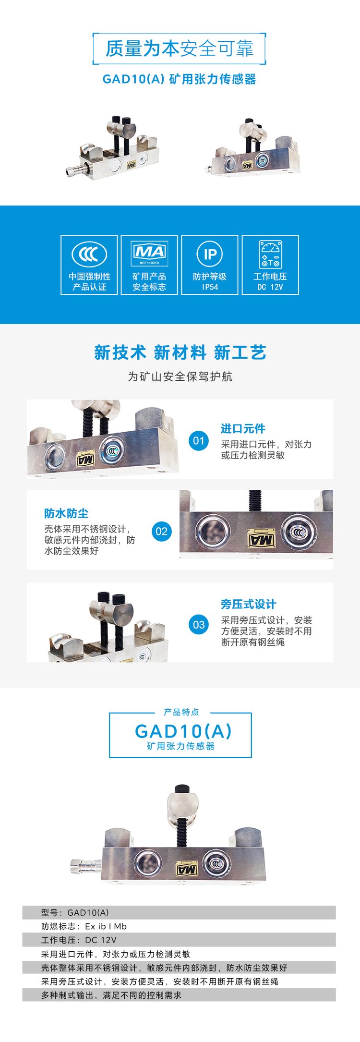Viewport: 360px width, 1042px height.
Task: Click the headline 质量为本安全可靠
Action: click(x=180, y=48)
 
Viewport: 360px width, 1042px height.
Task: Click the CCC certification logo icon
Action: click(x=89, y=254)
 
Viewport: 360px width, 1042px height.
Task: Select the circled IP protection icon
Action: click(x=210, y=254)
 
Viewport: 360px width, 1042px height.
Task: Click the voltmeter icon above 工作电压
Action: click(x=271, y=254)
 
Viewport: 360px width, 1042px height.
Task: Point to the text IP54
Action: click(x=210, y=287)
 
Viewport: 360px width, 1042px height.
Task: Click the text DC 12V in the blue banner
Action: click(x=270, y=287)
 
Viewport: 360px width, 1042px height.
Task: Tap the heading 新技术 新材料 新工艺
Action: click(x=180, y=352)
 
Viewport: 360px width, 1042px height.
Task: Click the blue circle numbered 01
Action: click(x=199, y=440)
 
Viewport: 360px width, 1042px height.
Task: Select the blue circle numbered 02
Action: click(x=161, y=531)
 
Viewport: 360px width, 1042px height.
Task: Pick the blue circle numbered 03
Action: click(x=199, y=624)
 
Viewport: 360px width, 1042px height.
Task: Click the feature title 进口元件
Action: click(x=243, y=428)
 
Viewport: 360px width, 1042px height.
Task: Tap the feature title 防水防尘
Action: click(x=66, y=513)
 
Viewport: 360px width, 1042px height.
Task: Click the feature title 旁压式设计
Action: click(x=249, y=604)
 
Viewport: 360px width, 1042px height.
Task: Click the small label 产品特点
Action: click(x=181, y=712)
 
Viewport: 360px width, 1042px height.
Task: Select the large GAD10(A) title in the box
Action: click(x=183, y=731)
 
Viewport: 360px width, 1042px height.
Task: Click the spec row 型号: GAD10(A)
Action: click(x=75, y=912)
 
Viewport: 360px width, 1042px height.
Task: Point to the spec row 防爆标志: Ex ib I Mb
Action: click(x=84, y=926)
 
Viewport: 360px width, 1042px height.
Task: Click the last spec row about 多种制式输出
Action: click(x=111, y=995)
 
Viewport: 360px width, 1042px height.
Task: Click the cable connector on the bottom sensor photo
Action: click(x=86, y=866)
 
